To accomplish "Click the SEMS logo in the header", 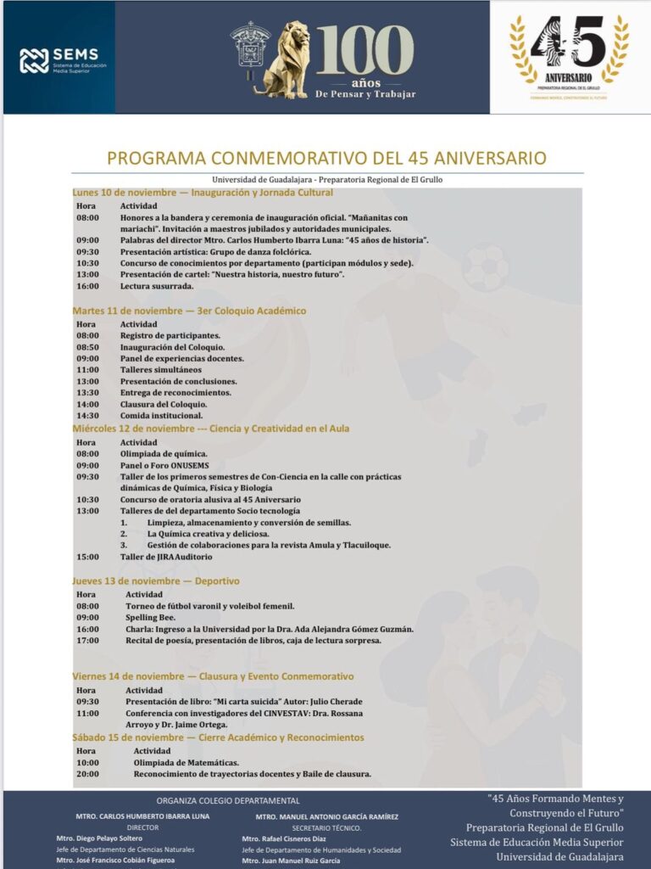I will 58,59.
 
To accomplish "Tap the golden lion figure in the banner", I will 284,59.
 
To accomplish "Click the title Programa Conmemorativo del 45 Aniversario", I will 326,159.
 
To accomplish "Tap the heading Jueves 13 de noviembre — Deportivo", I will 156,580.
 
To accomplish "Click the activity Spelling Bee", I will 151,617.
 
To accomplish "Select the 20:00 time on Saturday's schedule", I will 87,774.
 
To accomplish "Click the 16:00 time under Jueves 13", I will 87,629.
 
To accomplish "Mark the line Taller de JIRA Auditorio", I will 166,557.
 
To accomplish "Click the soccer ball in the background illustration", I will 485,266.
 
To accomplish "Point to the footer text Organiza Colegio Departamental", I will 228,800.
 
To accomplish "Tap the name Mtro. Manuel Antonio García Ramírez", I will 326,816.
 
